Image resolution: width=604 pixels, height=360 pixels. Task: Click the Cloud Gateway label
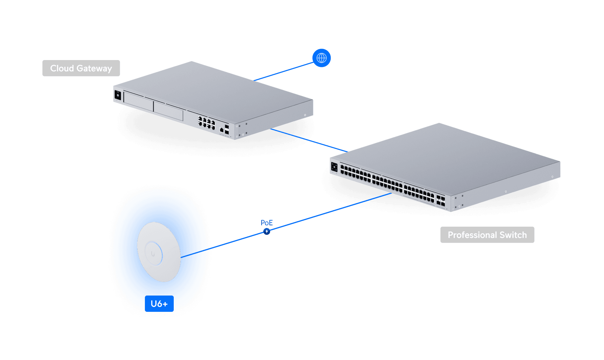pos(81,68)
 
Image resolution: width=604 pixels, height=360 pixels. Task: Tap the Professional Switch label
pos(487,235)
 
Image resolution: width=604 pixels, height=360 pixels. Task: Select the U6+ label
pos(159,304)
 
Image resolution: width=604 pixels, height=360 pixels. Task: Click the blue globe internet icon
pos(321,58)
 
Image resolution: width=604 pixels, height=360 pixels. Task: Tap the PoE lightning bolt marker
pos(267,231)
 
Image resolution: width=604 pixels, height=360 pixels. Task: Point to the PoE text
pos(267,223)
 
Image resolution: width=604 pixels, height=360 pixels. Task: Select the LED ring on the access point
pos(153,253)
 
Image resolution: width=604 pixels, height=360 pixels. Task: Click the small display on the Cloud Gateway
pos(118,95)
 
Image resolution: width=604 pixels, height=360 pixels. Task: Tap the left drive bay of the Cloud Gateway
pos(138,101)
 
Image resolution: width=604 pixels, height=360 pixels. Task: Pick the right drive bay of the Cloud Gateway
pos(168,111)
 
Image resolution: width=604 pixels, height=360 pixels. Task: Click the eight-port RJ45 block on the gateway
pos(207,123)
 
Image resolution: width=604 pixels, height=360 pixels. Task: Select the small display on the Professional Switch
pos(334,167)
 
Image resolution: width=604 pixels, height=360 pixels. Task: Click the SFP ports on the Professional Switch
pos(440,201)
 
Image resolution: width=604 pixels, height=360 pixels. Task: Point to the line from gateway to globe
pos(283,72)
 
